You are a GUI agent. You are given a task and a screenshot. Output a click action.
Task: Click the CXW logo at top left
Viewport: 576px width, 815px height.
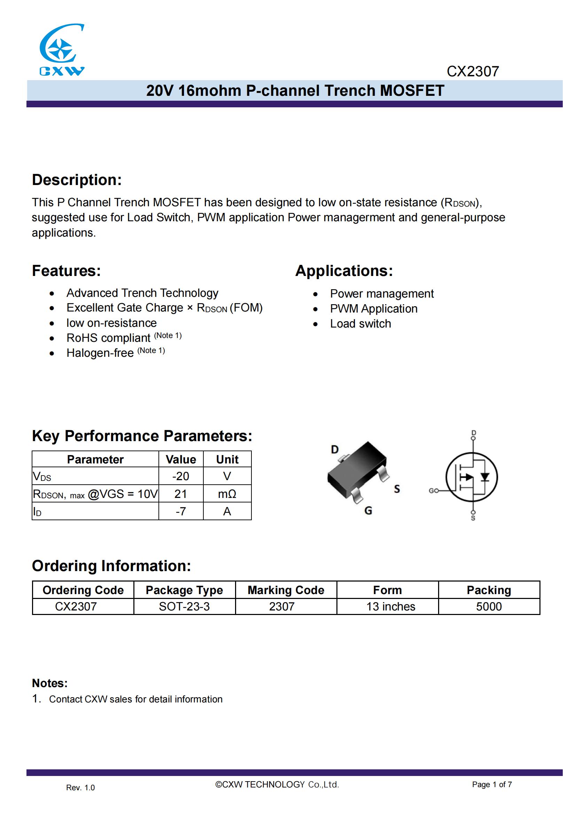pyautogui.click(x=62, y=50)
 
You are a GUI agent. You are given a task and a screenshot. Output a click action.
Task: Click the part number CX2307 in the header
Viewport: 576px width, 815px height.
pyautogui.click(x=473, y=72)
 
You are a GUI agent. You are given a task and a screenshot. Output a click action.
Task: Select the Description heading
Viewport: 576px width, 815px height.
pyautogui.click(x=77, y=180)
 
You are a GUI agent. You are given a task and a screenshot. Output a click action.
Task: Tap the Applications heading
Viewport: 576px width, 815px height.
pyautogui.click(x=344, y=271)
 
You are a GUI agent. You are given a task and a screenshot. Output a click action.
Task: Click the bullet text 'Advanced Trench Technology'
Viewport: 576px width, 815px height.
pyautogui.click(x=142, y=293)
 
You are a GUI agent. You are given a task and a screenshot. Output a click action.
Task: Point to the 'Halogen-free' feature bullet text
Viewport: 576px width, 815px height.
pyautogui.click(x=100, y=353)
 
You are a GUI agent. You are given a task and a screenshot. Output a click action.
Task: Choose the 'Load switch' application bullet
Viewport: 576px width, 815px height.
pyautogui.click(x=360, y=324)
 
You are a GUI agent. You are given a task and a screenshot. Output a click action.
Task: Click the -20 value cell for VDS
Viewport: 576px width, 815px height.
pyautogui.click(x=180, y=476)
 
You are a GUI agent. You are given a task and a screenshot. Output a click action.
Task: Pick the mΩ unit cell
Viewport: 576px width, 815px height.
pyautogui.click(x=227, y=494)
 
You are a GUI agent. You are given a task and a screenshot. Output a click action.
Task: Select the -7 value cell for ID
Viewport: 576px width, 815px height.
pyautogui.click(x=180, y=511)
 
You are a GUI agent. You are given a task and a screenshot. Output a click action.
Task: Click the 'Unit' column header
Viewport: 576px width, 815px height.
pyautogui.click(x=227, y=459)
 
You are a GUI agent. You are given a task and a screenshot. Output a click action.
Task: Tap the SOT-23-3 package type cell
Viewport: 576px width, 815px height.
pyautogui.click(x=184, y=607)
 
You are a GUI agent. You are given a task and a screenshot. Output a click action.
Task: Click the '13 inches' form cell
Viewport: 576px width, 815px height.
pyautogui.click(x=390, y=607)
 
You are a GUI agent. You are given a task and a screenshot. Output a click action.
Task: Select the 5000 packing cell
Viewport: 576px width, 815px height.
pyautogui.click(x=489, y=607)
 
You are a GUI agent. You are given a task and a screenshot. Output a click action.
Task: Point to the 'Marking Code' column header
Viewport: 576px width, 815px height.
pyautogui.click(x=286, y=590)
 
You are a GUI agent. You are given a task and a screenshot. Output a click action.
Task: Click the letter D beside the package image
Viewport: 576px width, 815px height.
pyautogui.click(x=334, y=450)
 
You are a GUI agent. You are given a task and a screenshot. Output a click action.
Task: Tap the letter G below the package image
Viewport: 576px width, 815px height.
pyautogui.click(x=368, y=511)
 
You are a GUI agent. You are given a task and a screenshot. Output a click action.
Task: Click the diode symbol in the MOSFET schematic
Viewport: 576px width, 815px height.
pyautogui.click(x=485, y=477)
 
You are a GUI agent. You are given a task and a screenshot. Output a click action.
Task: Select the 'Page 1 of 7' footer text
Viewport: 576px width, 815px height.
pyautogui.click(x=492, y=784)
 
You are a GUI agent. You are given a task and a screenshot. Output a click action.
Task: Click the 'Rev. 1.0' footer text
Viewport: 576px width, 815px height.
pyautogui.click(x=80, y=788)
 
